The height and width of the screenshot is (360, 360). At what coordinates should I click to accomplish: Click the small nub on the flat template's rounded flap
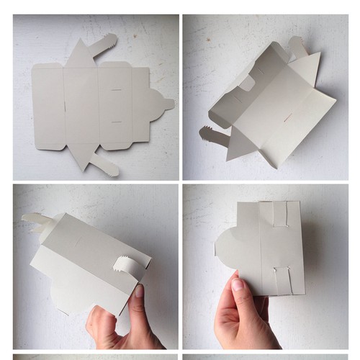pyautogui.click(x=169, y=104)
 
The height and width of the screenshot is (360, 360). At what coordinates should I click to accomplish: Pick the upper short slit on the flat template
pyautogui.click(x=115, y=90)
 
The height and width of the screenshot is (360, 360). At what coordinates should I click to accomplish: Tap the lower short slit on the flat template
pyautogui.click(x=115, y=122)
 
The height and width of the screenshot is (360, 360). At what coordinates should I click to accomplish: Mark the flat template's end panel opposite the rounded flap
pyautogui.click(x=48, y=107)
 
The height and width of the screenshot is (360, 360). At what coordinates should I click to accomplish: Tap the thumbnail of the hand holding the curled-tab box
pyautogui.click(x=139, y=291)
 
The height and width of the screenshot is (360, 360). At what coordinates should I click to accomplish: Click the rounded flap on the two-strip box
pyautogui.click(x=227, y=249)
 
